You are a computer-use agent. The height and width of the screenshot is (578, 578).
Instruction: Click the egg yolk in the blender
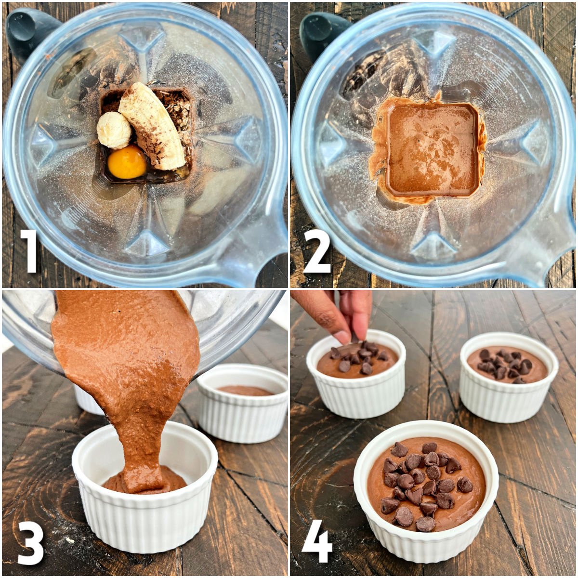pos(127,162)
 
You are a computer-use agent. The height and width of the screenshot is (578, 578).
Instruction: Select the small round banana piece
pos(114,130)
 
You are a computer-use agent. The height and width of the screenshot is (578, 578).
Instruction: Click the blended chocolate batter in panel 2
pos(431,149)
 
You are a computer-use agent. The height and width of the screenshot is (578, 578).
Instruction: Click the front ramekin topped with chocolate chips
pos(426,491)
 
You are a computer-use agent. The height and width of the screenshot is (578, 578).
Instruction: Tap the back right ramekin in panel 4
pos(508,381)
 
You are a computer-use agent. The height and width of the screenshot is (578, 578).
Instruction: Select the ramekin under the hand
pos(356,381)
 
